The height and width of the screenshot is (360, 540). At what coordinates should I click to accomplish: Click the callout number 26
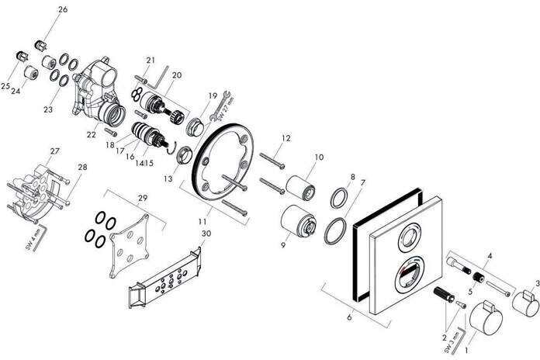pos(63,9)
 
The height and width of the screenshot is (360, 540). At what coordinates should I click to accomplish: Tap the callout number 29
pos(142,199)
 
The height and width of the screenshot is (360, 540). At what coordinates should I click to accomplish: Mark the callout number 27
pos(55,151)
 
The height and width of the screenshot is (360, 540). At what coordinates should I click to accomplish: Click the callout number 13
pos(168,156)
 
